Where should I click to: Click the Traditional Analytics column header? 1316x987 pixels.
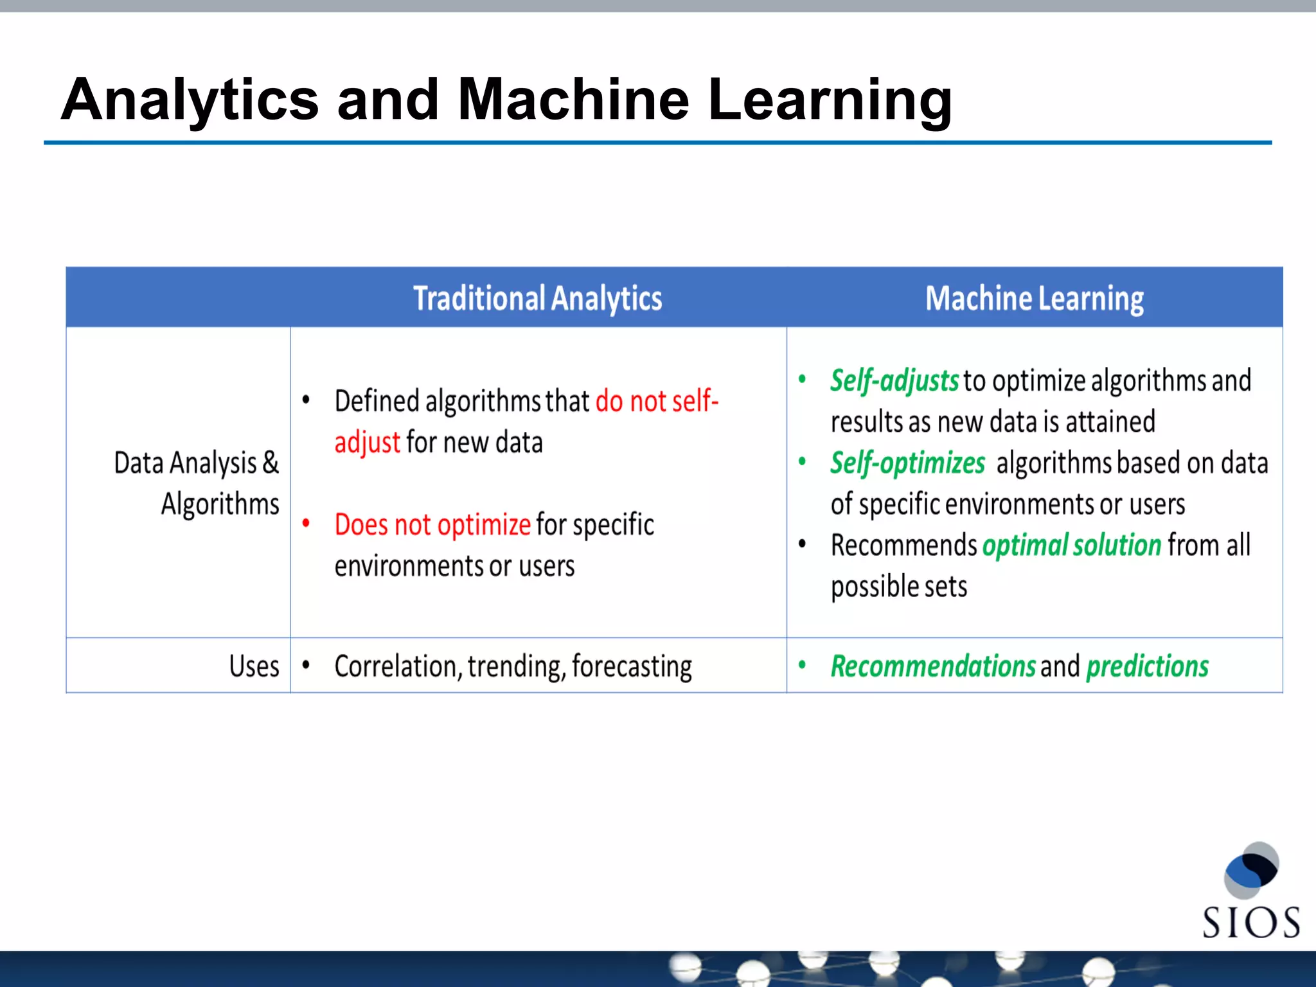click(537, 299)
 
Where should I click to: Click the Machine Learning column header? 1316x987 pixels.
click(1034, 299)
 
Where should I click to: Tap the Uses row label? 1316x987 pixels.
click(254, 666)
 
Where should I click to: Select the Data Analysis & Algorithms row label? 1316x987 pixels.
click(197, 483)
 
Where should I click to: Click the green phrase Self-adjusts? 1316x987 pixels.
click(894, 380)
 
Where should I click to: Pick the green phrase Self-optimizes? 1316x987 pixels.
click(907, 463)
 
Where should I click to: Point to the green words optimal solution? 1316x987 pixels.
click(1071, 546)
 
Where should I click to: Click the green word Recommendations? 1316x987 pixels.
click(932, 666)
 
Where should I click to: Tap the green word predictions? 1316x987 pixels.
click(1147, 666)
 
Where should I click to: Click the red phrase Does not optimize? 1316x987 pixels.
click(432, 525)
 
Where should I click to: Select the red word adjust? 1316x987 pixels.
click(367, 443)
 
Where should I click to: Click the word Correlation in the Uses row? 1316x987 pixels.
click(396, 666)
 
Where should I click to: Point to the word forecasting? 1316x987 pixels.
click(632, 666)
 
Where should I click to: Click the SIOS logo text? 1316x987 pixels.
click(1250, 923)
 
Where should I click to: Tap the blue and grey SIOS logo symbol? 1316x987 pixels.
click(1250, 870)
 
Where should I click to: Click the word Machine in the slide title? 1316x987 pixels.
click(573, 100)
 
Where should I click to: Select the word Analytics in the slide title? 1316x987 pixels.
click(190, 100)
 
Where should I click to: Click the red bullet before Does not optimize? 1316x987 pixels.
click(307, 524)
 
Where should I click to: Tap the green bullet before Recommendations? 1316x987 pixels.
click(802, 665)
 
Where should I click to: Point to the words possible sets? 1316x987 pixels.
click(898, 587)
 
